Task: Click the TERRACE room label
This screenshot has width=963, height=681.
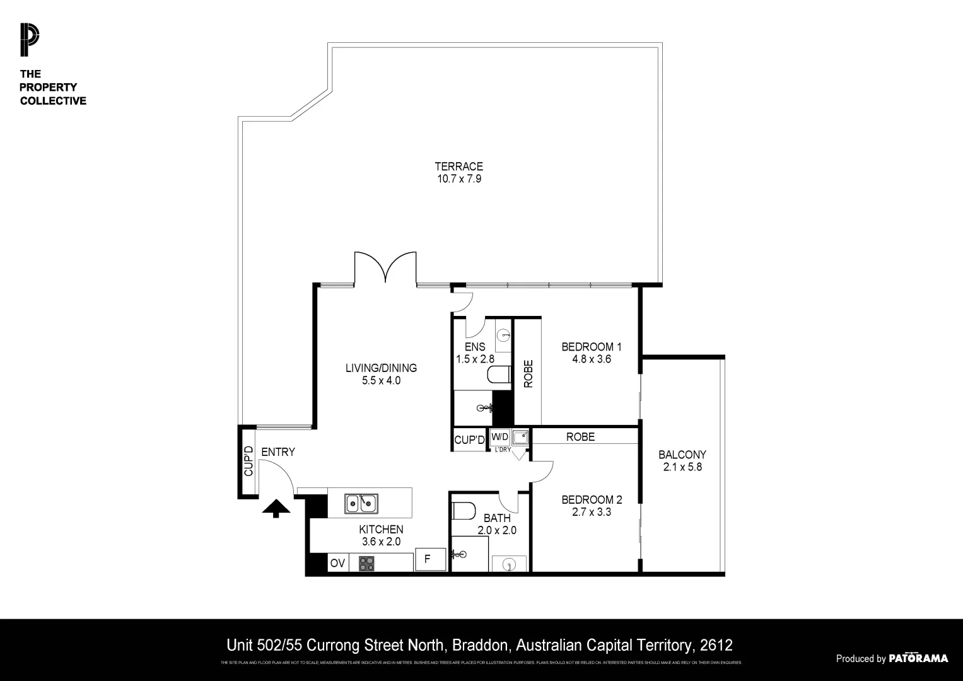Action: (458, 166)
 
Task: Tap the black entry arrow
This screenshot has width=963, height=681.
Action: (276, 508)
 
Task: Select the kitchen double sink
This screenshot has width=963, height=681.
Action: (361, 504)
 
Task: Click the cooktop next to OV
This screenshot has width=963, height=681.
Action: (366, 562)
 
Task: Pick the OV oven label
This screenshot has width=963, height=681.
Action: (337, 563)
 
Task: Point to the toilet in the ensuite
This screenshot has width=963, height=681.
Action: (499, 375)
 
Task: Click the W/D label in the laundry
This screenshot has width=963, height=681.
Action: (499, 436)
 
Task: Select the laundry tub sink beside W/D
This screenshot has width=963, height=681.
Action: (520, 436)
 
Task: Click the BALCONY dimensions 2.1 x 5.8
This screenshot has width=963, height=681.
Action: (682, 467)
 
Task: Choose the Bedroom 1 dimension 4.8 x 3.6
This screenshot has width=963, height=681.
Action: (591, 359)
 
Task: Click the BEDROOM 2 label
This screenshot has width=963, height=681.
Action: (592, 499)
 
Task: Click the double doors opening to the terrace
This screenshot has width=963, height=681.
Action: (385, 268)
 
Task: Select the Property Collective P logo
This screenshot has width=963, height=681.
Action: (29, 39)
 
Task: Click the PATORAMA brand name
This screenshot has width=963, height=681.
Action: (918, 658)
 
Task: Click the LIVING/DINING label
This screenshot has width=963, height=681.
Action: (381, 368)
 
